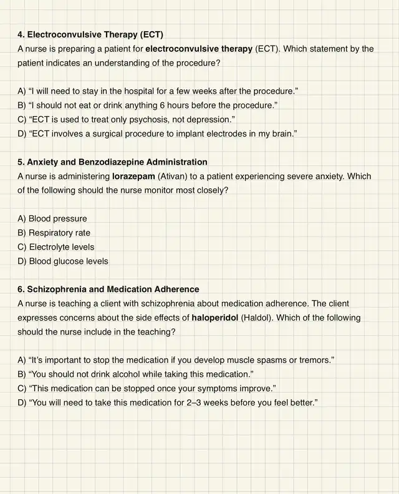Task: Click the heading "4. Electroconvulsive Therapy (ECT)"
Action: pos(90,34)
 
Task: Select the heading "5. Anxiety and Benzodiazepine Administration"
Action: pos(112,162)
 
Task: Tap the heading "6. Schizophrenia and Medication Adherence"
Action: pos(108,289)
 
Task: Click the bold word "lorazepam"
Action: pos(134,177)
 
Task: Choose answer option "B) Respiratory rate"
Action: pos(54,233)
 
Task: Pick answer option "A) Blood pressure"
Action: pos(52,219)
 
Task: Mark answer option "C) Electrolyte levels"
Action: pos(56,247)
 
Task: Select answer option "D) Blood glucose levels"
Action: pos(63,261)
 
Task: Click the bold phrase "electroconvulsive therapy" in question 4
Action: pos(199,48)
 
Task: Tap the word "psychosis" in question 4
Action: pos(148,119)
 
